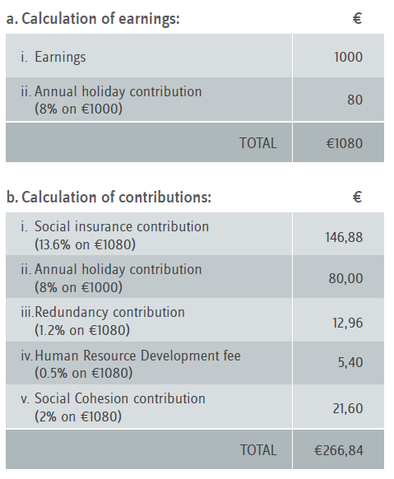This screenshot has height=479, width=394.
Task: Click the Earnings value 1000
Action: tap(348, 57)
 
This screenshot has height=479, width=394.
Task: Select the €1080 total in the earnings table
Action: tap(345, 143)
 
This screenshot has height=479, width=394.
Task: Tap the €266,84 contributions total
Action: tap(339, 450)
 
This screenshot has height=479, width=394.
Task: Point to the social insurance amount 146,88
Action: tap(344, 237)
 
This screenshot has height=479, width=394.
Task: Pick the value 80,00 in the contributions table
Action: tap(345, 278)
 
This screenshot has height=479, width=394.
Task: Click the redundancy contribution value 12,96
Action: tap(348, 323)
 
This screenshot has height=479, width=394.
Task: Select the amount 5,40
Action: tap(350, 363)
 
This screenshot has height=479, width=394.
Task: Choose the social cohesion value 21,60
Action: tap(348, 408)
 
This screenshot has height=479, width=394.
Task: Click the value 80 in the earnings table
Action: tap(355, 100)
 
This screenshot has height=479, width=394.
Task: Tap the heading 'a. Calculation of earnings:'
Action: tap(93, 19)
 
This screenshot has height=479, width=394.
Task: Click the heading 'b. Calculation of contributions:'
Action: tap(109, 197)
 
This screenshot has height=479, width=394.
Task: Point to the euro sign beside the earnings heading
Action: tap(357, 18)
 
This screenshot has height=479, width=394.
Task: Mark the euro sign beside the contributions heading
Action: tap(357, 197)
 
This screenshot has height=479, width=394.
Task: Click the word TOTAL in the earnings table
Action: tap(258, 143)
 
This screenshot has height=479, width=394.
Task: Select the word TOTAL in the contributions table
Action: tap(258, 450)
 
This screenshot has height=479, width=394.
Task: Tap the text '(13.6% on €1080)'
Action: tap(85, 244)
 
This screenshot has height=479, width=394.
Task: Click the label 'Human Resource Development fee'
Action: tap(137, 356)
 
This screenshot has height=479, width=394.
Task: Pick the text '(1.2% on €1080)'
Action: tap(82, 330)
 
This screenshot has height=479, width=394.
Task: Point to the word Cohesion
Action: tap(102, 398)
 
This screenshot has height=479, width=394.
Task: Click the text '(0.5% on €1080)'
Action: tap(83, 374)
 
